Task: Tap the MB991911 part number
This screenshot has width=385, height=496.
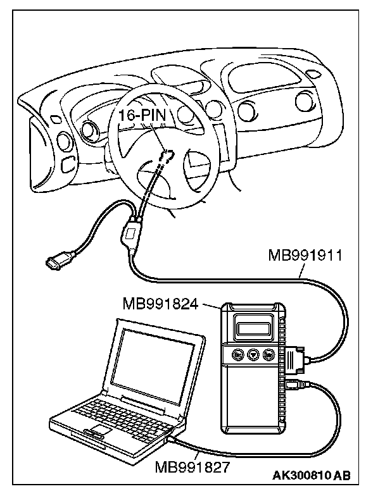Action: coord(305,256)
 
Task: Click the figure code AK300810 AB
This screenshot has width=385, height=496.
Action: coord(312,475)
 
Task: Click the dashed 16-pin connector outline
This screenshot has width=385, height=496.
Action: coord(167,156)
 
